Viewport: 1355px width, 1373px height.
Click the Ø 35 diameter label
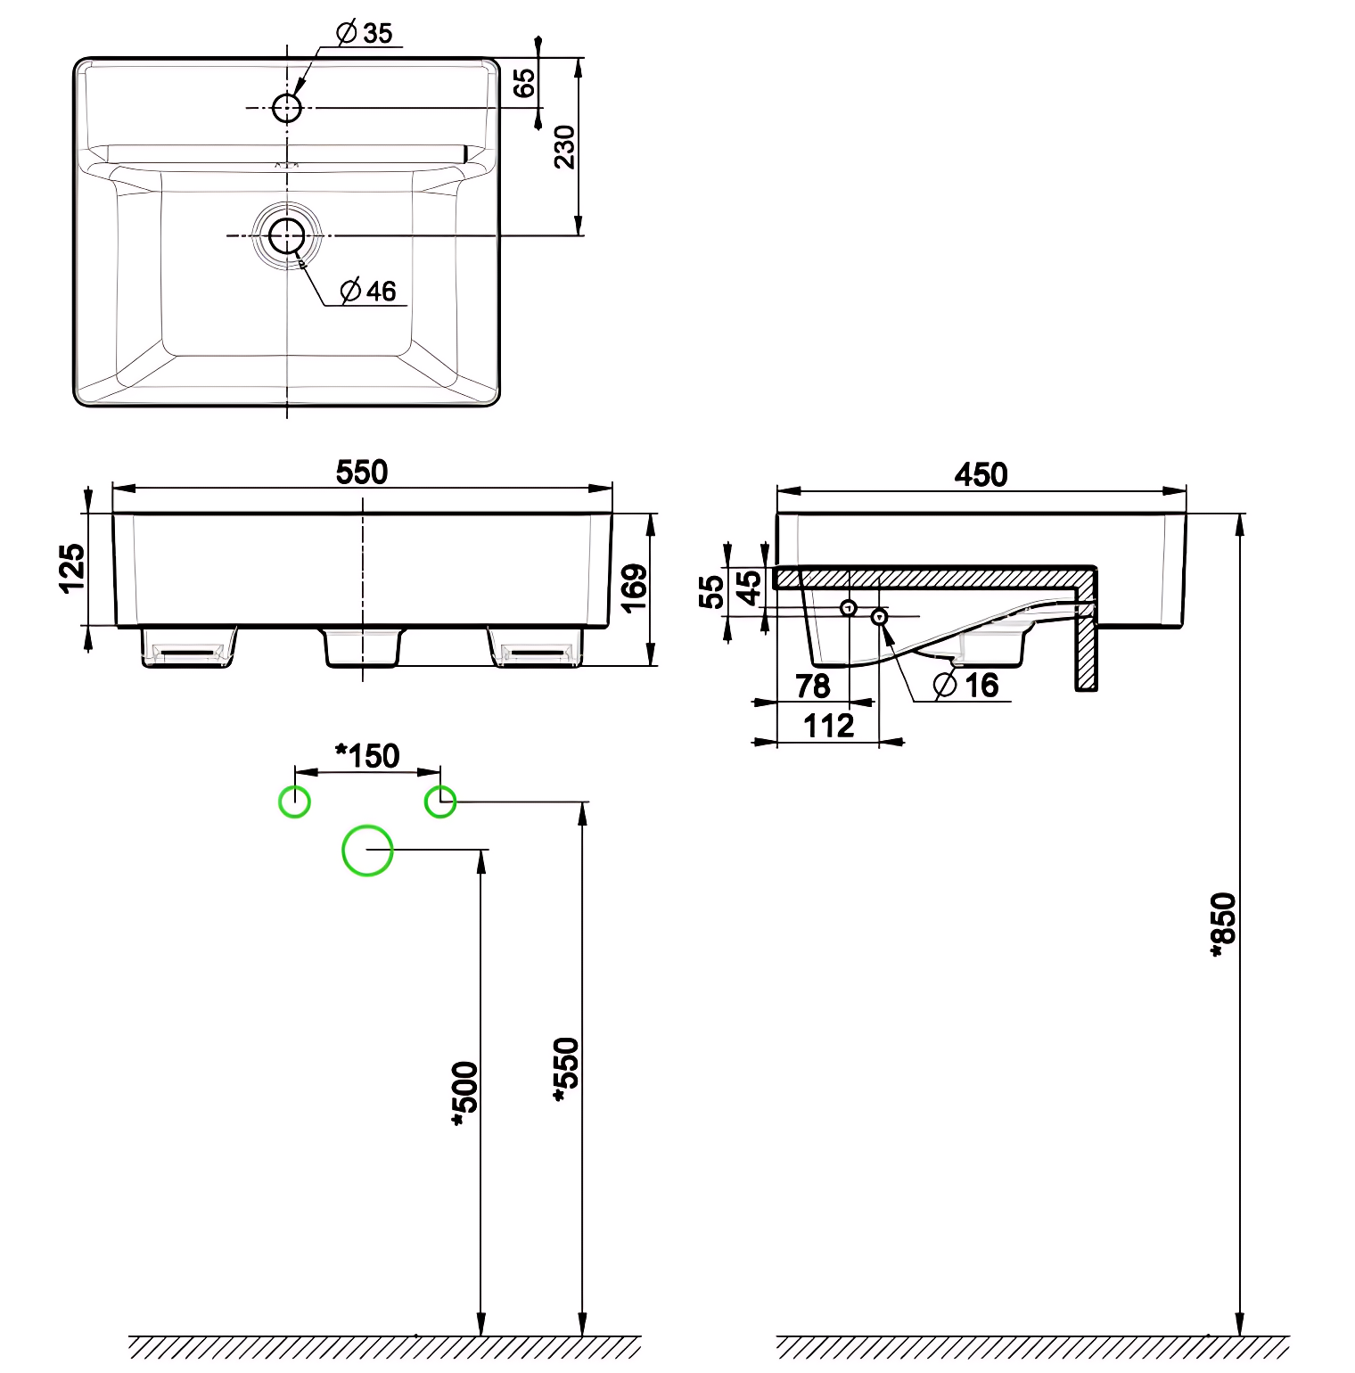(x=365, y=34)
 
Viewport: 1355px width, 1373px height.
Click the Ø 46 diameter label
(x=368, y=292)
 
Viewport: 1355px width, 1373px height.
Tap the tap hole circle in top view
(x=287, y=108)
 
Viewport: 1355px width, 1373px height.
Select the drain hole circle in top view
(x=287, y=236)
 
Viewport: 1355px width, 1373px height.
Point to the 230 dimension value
(x=565, y=147)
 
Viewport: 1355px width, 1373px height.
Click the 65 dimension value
(x=525, y=83)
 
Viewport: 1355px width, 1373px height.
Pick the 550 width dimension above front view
(x=362, y=472)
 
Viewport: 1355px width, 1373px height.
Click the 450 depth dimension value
(x=981, y=474)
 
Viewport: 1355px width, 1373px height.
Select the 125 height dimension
(x=72, y=568)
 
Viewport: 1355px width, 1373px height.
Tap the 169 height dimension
(x=634, y=588)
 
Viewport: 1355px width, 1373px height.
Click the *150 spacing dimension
(x=367, y=756)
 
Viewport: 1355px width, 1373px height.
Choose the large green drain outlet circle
(x=367, y=851)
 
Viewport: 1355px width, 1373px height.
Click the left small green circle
(x=294, y=802)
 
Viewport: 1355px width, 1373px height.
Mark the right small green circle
(x=440, y=802)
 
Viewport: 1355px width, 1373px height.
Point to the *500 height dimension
(x=465, y=1094)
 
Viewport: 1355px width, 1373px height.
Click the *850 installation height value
(x=1224, y=925)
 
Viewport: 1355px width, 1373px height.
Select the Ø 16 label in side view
(x=966, y=686)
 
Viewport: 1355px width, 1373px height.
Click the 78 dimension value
(x=812, y=686)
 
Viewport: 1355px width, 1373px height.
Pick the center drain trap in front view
(x=362, y=647)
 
